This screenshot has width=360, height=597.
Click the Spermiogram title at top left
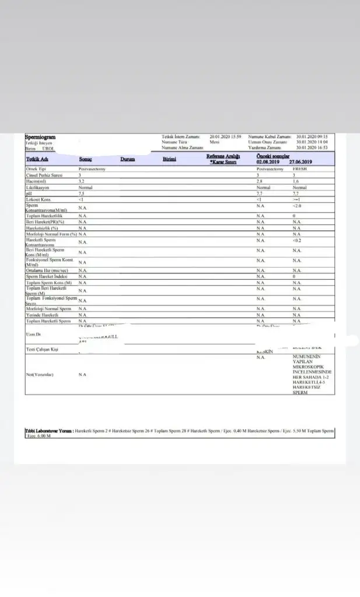click(x=40, y=137)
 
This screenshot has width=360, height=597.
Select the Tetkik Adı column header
click(x=37, y=159)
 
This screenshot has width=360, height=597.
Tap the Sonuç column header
click(x=86, y=159)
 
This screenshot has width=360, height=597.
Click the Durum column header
click(x=128, y=159)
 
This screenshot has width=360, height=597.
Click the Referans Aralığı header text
click(x=223, y=156)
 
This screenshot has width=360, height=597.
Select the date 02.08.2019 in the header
click(x=268, y=161)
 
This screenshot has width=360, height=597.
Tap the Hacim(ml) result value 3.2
click(x=82, y=181)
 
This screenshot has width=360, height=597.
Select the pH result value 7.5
click(x=82, y=194)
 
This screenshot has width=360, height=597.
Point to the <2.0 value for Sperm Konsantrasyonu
click(x=298, y=206)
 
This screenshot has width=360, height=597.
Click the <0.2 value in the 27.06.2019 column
click(x=298, y=240)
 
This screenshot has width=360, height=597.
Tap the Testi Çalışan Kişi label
click(x=44, y=349)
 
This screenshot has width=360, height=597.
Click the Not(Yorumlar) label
click(x=40, y=374)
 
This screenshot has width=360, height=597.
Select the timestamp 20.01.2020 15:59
click(x=226, y=136)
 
